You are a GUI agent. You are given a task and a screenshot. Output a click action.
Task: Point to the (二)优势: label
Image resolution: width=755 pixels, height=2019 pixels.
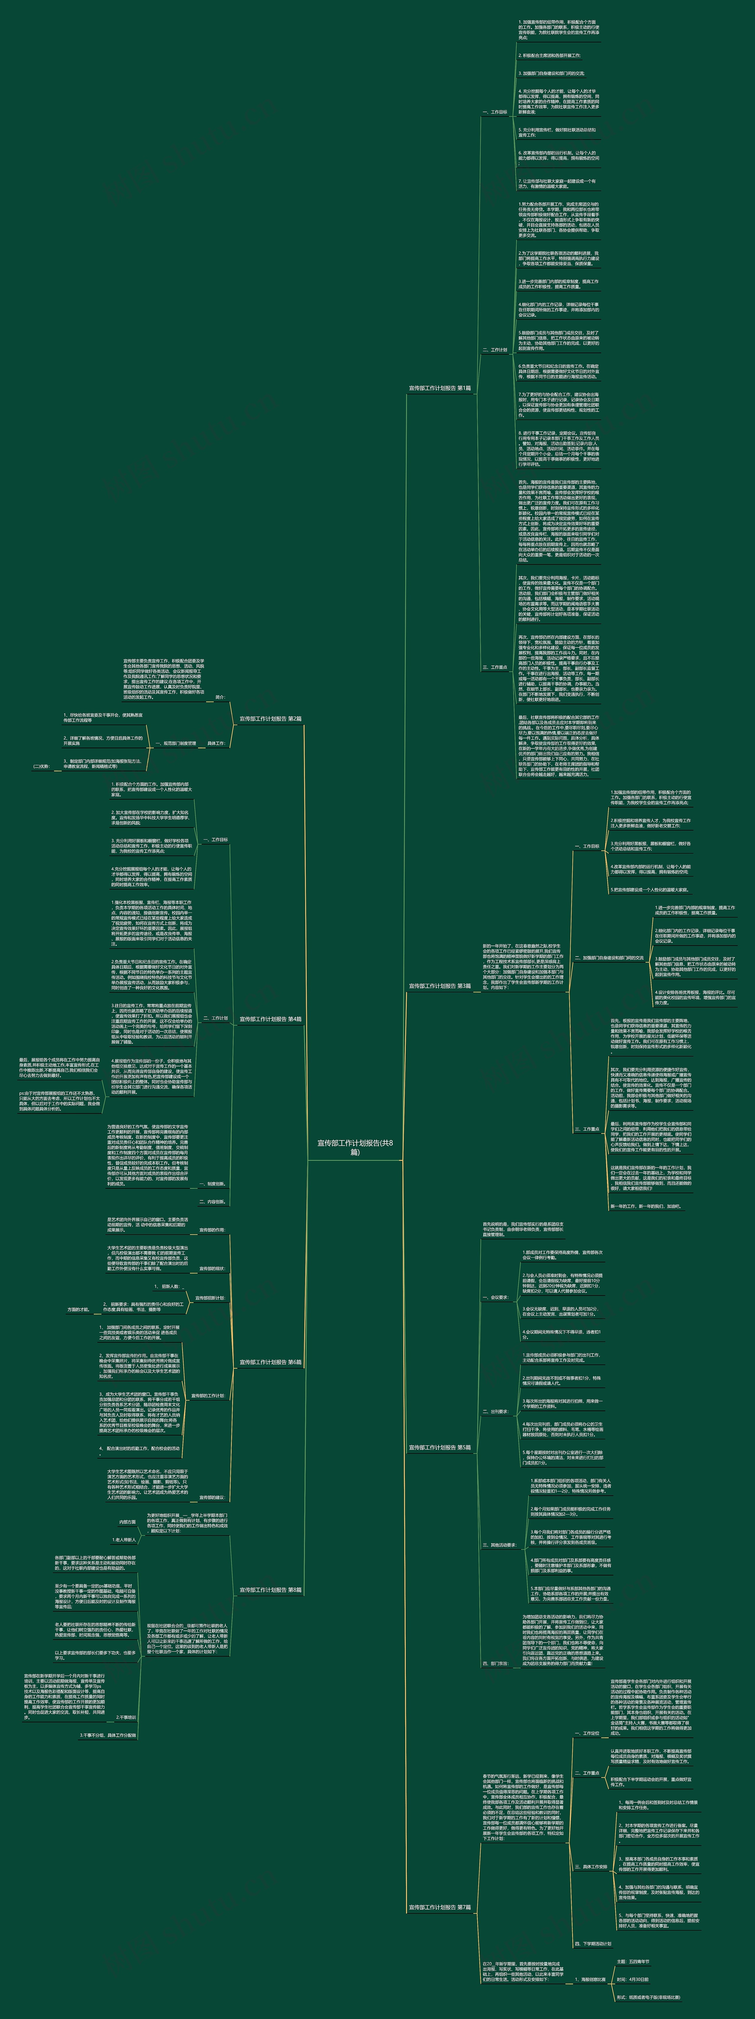[41, 766]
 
